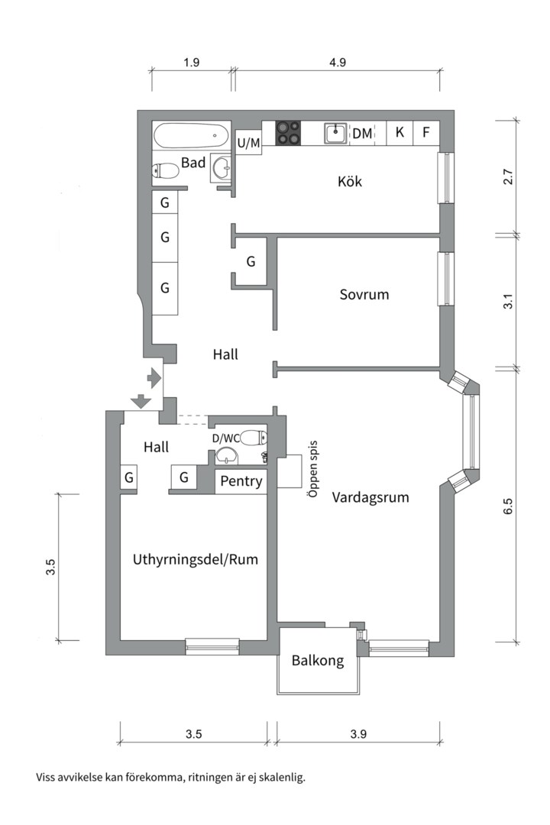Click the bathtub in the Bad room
coord(191,137)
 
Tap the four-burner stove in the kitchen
coord(289,132)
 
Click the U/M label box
coord(248,142)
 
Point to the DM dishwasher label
coord(362,133)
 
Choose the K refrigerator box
coord(399,132)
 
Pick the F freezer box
coord(426,132)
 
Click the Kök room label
coord(349,182)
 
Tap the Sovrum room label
coord(364,294)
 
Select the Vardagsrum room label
coord(370,497)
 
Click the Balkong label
coord(318,660)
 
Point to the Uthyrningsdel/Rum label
coord(195,559)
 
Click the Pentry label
coord(241,481)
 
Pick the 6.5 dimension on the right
coord(509,507)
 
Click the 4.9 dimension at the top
coord(337,63)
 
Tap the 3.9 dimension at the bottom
coord(359,734)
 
